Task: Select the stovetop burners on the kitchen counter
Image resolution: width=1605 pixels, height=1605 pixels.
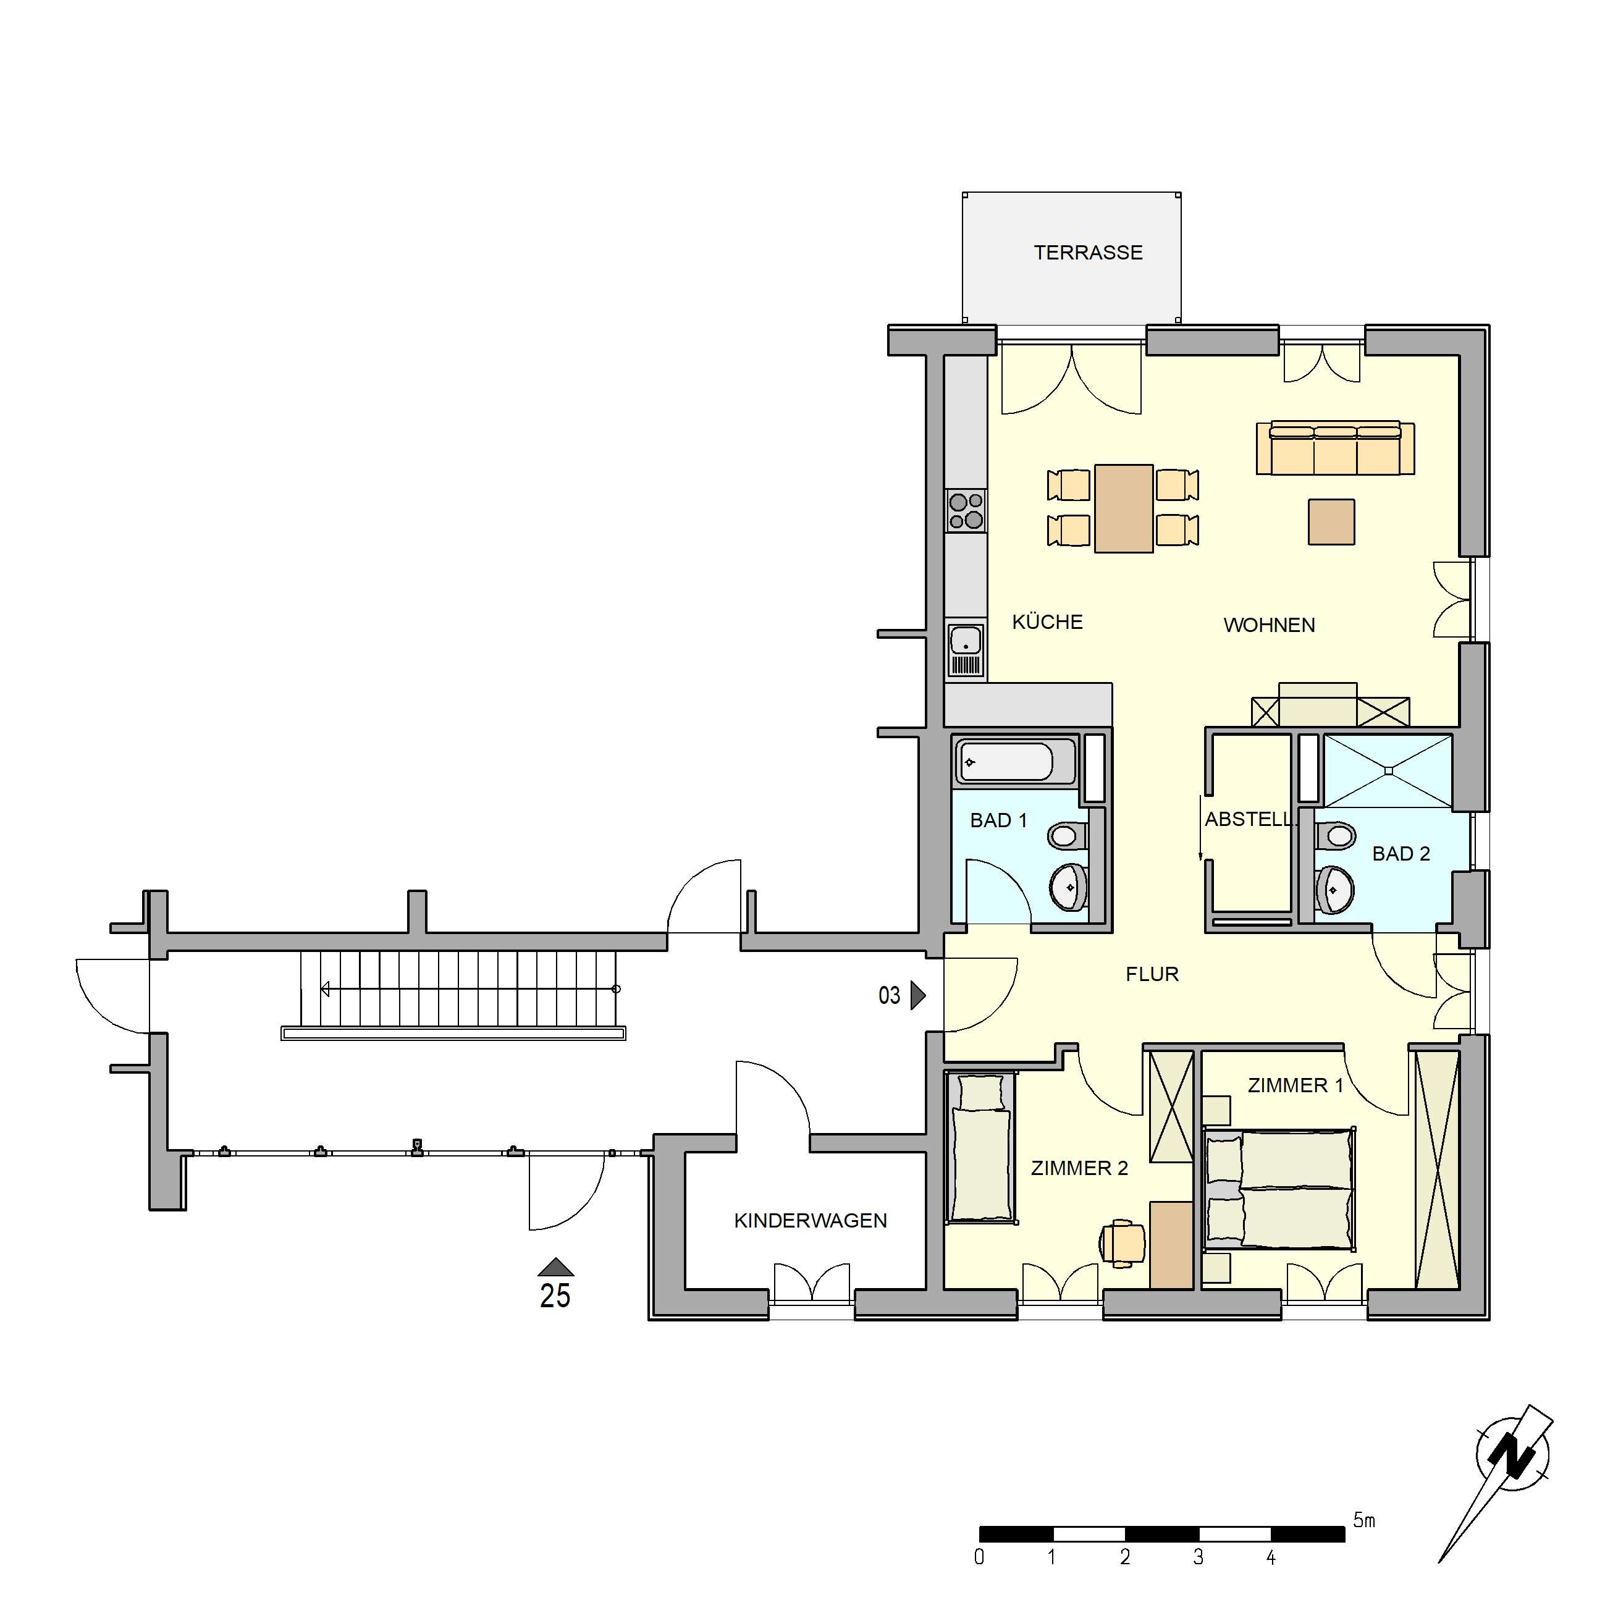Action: point(966,511)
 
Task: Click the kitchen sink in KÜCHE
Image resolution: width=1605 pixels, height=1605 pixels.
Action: point(966,641)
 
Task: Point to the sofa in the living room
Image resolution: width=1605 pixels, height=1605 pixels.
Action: point(1335,449)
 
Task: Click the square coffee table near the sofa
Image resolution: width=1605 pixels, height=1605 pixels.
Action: point(1331,521)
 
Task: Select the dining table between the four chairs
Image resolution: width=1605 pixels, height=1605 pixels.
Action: point(1123,508)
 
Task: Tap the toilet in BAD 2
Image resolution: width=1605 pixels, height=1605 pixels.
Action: point(1335,835)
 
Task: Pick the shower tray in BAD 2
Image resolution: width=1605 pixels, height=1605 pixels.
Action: point(1388,771)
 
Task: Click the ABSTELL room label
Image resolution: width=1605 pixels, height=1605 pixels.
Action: point(1249,819)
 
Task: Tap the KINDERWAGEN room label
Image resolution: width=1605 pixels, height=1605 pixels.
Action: point(810,1220)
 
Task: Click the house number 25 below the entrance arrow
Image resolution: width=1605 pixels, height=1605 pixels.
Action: point(555,1296)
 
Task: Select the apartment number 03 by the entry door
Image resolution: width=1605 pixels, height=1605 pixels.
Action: point(889,995)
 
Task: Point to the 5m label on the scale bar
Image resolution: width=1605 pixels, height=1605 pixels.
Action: point(1364,1520)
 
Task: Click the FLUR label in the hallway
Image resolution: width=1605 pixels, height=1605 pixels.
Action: point(1152,974)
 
